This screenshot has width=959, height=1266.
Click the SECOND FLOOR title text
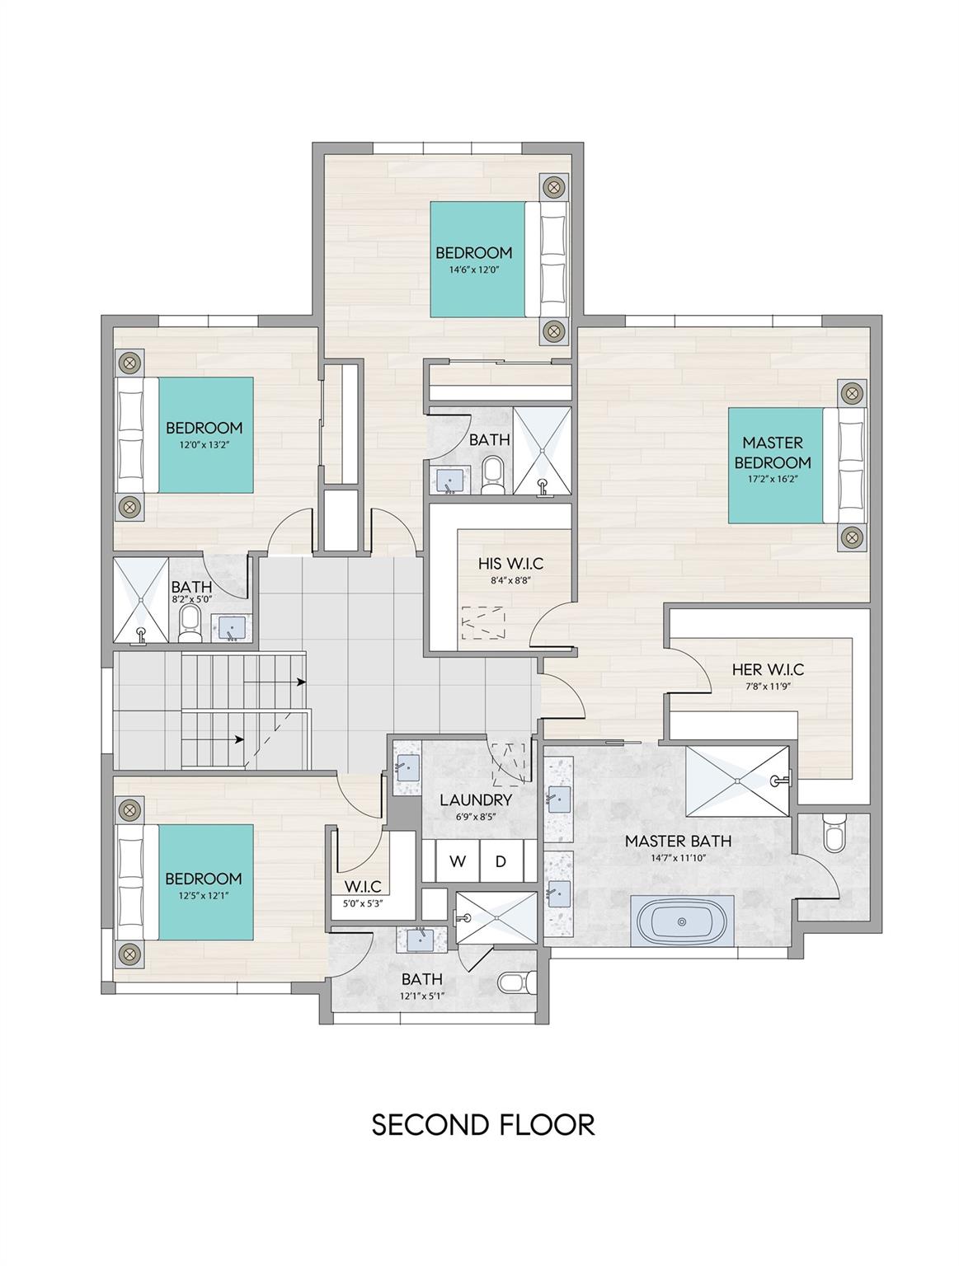coord(483,1124)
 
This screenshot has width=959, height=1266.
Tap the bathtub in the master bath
coord(681,922)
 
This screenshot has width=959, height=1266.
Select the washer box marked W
coord(458,862)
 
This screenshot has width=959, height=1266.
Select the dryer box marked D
coord(501,862)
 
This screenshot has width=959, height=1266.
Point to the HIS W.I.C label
coord(511,565)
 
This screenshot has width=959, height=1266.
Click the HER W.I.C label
coord(768,669)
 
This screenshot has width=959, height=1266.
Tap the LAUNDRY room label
coord(476,799)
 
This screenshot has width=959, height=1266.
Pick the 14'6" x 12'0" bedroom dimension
coord(474,270)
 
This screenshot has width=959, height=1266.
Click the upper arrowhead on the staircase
coord(302,682)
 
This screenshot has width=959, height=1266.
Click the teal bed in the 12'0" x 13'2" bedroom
coord(204,435)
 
